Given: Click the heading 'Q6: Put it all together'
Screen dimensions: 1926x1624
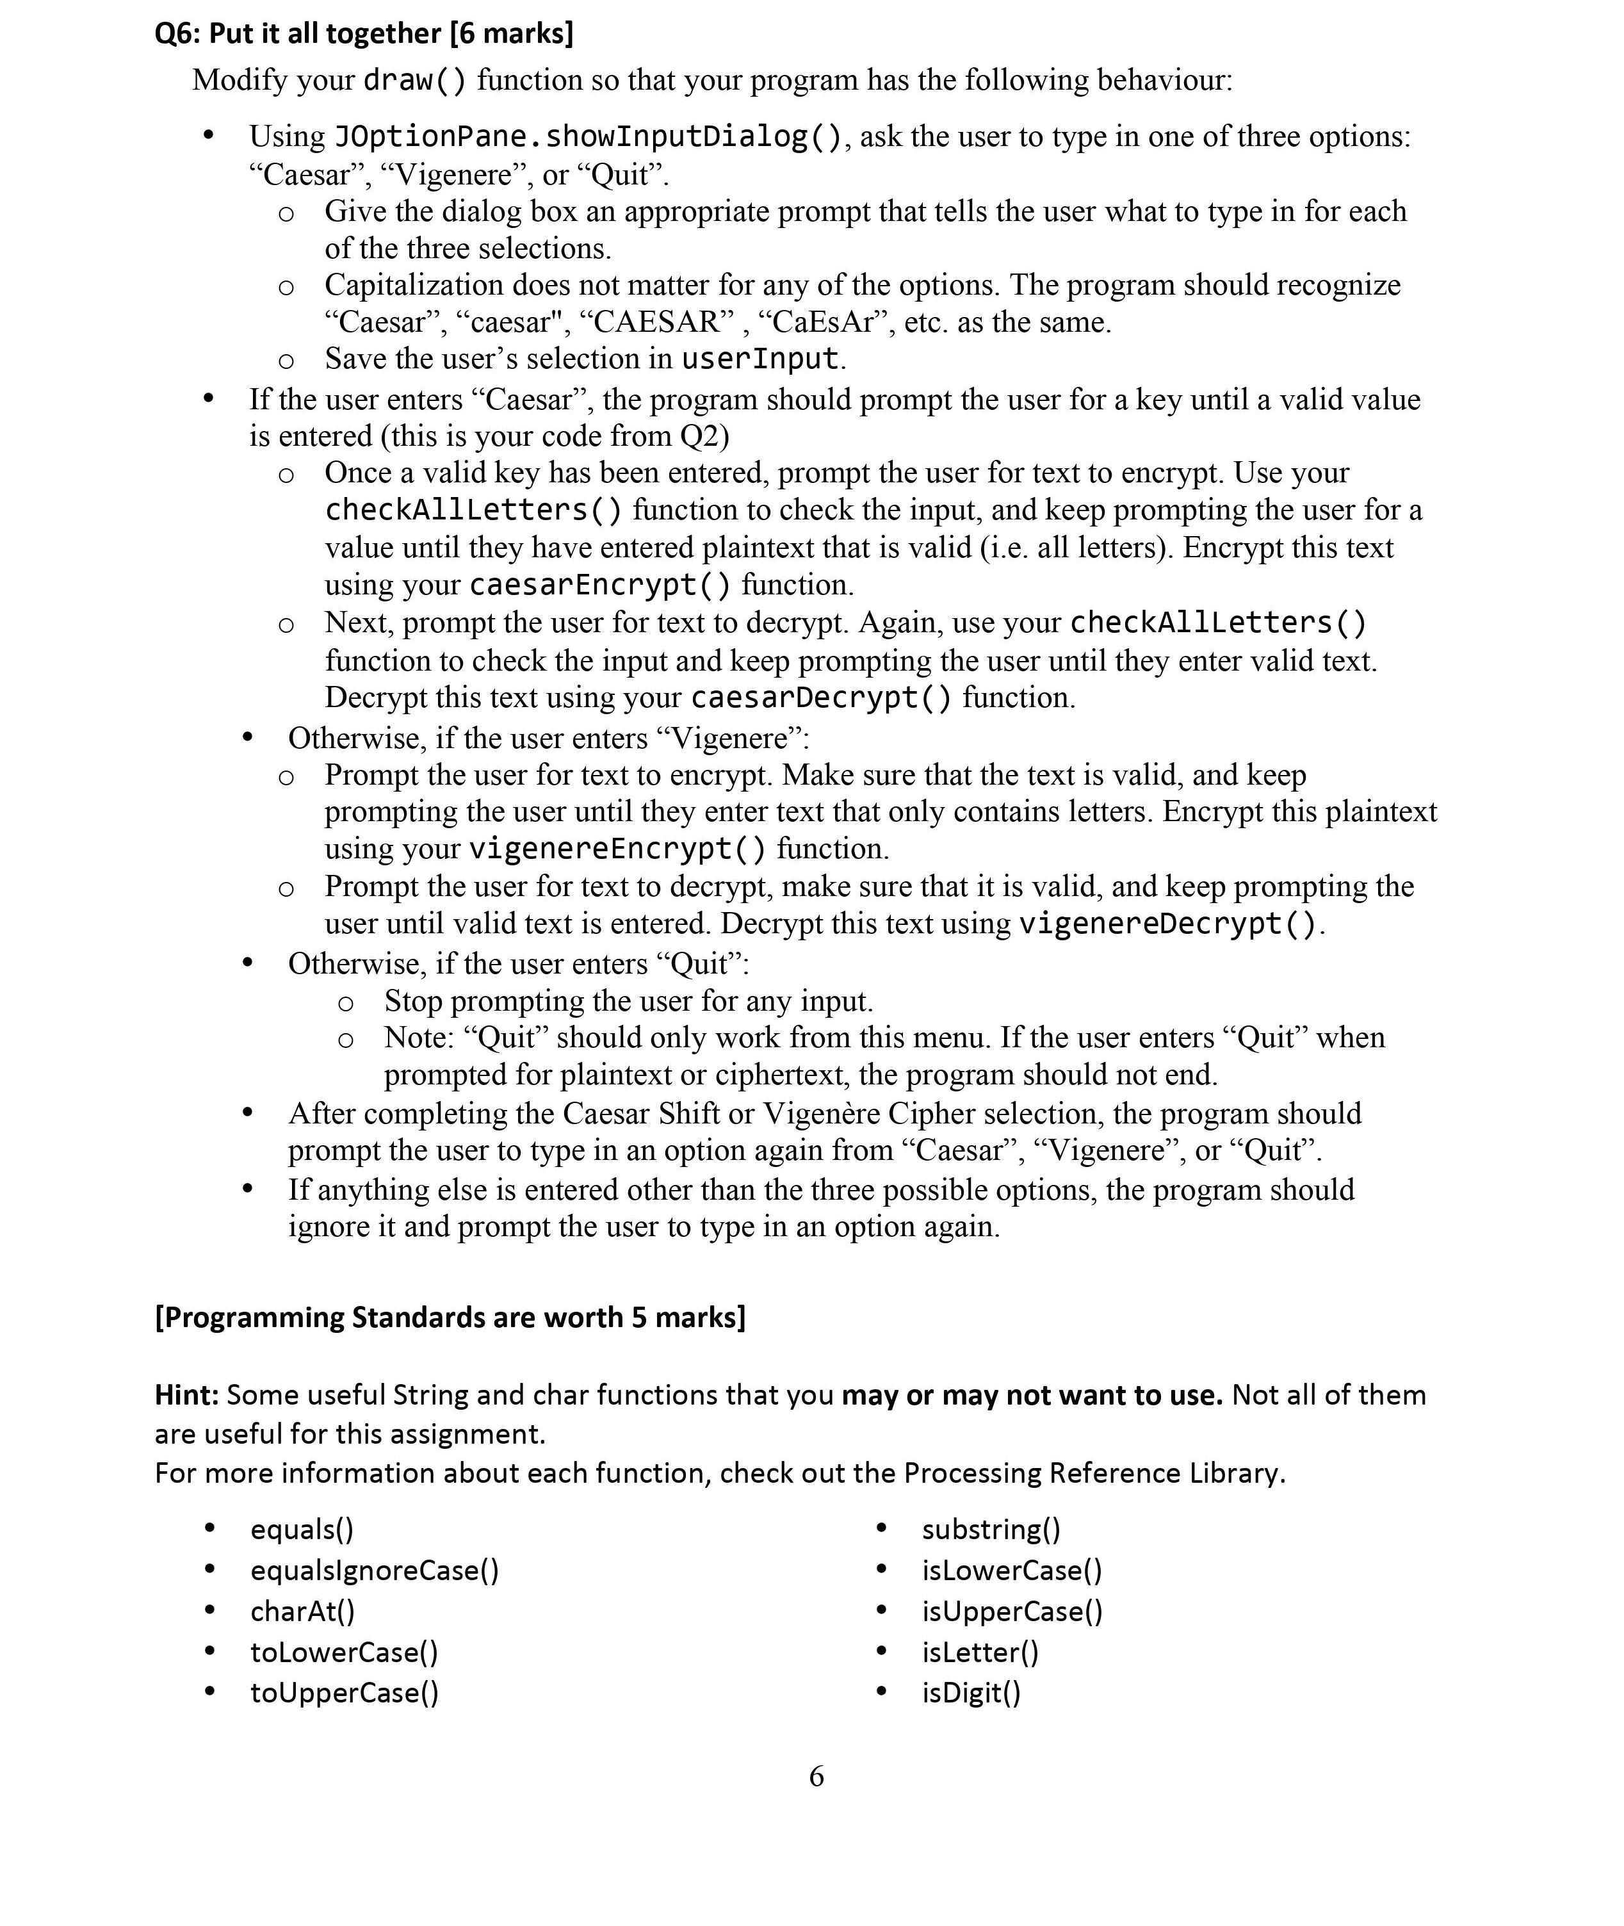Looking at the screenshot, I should click(364, 33).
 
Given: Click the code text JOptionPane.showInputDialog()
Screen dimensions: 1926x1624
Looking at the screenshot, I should click(587, 136).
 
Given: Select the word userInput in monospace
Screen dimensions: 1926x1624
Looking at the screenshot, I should click(759, 358).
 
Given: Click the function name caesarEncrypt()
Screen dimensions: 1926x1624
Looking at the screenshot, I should click(600, 585).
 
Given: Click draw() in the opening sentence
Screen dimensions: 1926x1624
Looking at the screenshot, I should click(414, 80).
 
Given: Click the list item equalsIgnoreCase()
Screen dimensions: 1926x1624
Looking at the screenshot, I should click(374, 1570).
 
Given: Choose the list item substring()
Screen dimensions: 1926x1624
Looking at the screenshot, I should click(991, 1529).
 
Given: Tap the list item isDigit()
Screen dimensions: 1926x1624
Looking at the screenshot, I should click(971, 1692).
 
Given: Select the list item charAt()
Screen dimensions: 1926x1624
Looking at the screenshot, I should click(302, 1611).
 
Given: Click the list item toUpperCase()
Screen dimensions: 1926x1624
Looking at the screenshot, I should click(345, 1692).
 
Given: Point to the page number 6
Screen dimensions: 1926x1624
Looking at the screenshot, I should click(816, 1776).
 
